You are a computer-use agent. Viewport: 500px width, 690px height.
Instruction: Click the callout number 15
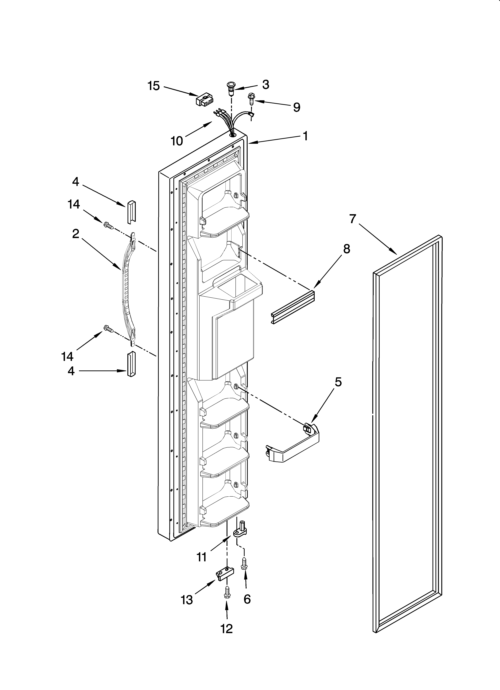154,86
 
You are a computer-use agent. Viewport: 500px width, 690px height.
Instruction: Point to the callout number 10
177,141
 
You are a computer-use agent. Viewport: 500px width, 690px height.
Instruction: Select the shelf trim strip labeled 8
292,308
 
